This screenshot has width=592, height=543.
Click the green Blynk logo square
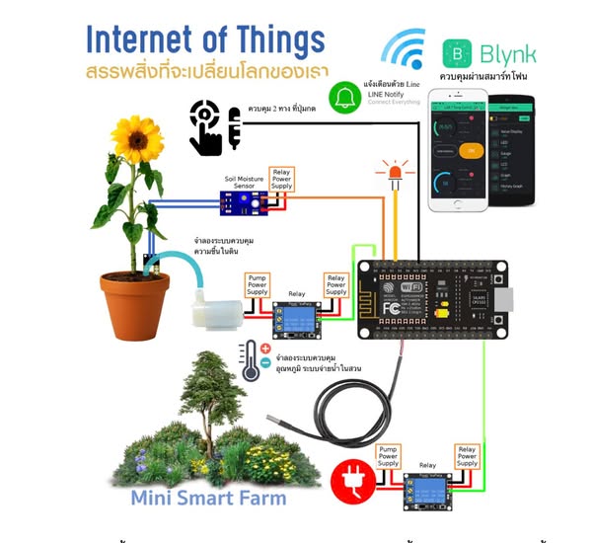coord(458,54)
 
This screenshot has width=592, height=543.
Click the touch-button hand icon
coord(213,126)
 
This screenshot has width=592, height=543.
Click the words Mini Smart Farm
coord(208,498)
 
